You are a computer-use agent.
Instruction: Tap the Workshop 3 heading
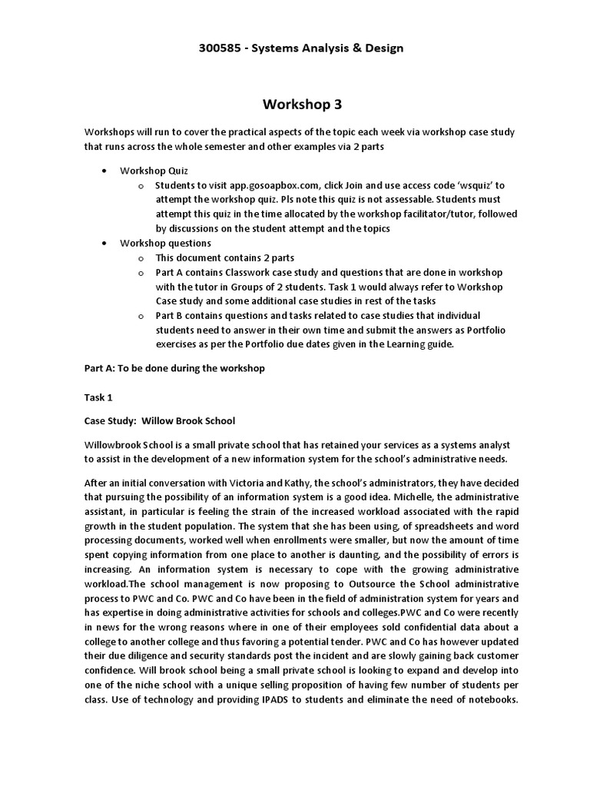click(x=296, y=104)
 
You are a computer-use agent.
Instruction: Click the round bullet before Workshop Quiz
click(x=104, y=171)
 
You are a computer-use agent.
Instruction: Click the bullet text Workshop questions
click(x=165, y=244)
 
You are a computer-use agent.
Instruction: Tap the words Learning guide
click(x=424, y=344)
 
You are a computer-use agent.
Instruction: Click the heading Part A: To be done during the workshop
click(x=174, y=368)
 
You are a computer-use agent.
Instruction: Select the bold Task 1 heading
click(x=98, y=397)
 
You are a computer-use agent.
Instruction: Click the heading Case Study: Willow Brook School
click(x=159, y=421)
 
